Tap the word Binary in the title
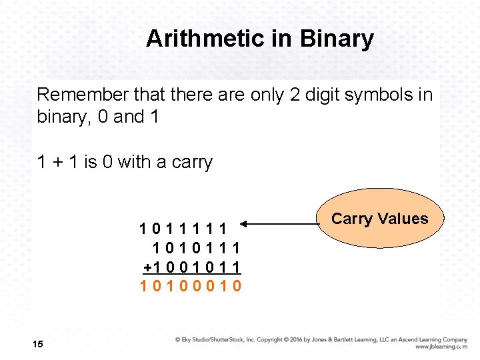point(337,39)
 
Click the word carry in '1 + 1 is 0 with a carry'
point(192,162)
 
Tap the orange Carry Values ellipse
point(379,218)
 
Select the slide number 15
point(37,344)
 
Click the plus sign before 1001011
point(148,267)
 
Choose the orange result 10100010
point(190,287)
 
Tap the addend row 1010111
point(196,248)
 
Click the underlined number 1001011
point(197,267)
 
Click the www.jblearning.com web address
point(441,347)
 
